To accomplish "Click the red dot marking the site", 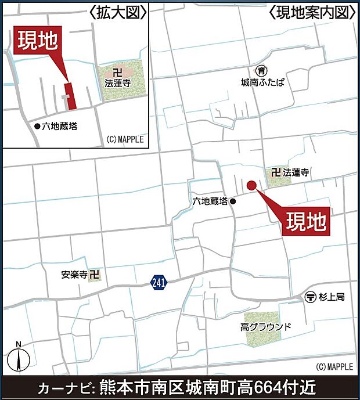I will [x=251, y=185].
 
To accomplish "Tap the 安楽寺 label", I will [x=75, y=275].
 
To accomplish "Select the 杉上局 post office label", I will [x=333, y=297].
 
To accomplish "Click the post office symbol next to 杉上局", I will [x=311, y=297].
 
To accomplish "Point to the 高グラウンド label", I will [x=266, y=327].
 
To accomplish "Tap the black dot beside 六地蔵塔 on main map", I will [x=233, y=201].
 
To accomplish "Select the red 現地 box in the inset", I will [x=37, y=42].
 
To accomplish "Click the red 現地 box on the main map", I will [x=306, y=221].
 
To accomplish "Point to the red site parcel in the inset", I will [x=71, y=96].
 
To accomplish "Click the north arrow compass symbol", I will [x=19, y=356].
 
